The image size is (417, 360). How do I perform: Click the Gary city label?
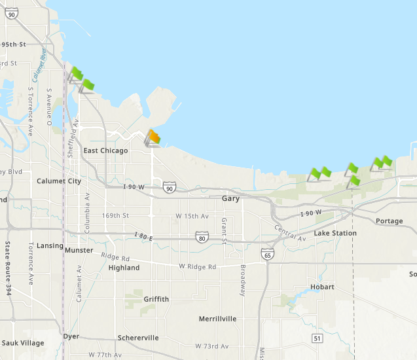(x=230, y=198)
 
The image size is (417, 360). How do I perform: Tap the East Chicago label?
(x=105, y=151)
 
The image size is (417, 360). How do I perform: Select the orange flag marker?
(x=154, y=137)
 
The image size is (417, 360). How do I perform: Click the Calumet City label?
(x=59, y=181)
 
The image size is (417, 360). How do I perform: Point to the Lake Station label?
(x=335, y=233)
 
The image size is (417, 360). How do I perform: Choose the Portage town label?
(x=390, y=221)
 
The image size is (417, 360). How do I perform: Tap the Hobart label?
(x=323, y=287)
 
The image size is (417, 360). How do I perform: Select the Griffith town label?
(x=156, y=299)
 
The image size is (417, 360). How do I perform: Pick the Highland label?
(x=124, y=268)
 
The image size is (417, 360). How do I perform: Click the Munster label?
(x=79, y=250)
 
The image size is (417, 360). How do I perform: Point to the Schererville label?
(x=138, y=338)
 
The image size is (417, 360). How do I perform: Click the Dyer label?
(x=71, y=336)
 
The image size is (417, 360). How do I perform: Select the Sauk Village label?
(x=23, y=343)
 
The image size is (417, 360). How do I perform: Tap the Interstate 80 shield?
(x=202, y=237)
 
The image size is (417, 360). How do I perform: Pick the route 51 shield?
(x=317, y=338)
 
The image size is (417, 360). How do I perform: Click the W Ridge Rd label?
(x=198, y=267)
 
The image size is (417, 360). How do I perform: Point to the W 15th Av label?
(x=192, y=216)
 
